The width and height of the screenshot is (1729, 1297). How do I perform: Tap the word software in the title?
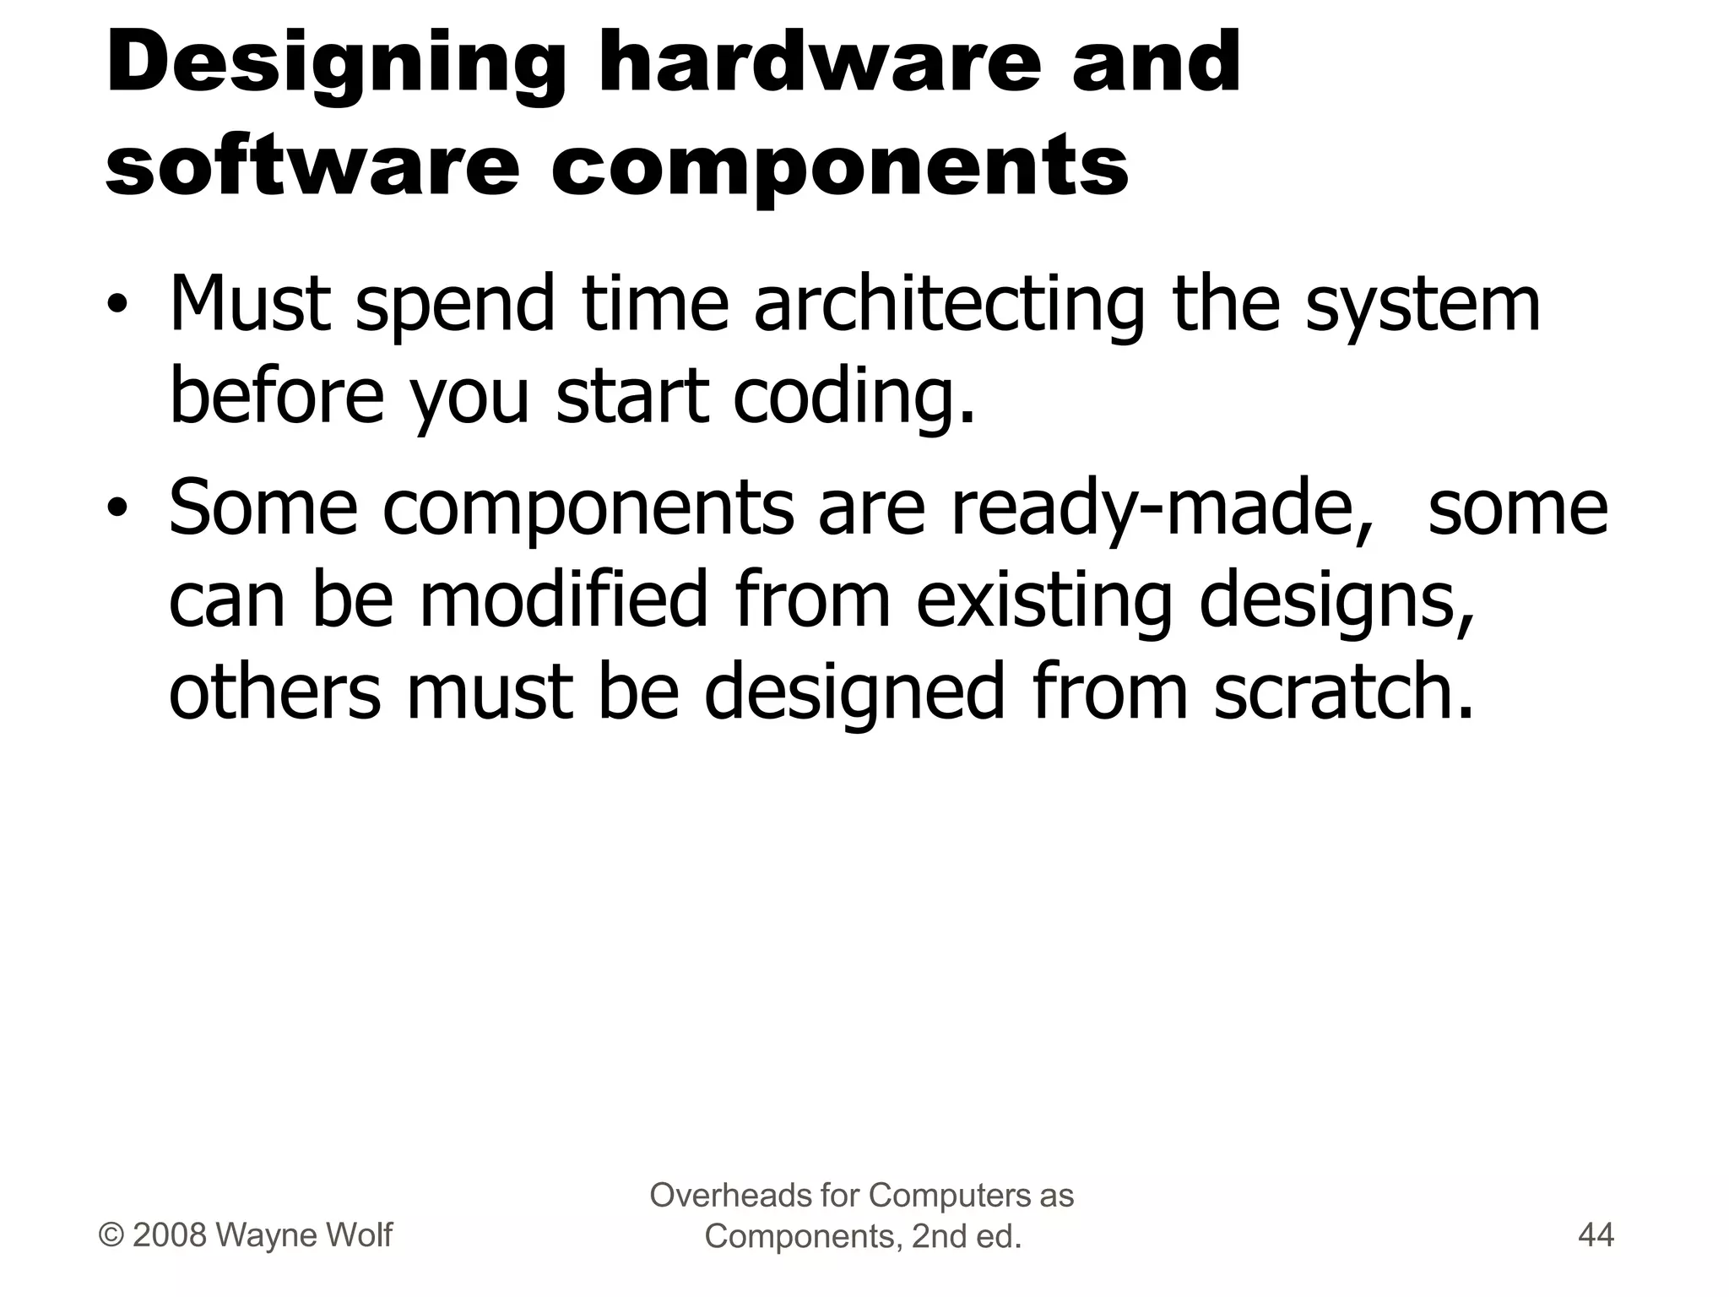coord(312,166)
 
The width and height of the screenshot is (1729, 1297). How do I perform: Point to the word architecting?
coord(948,306)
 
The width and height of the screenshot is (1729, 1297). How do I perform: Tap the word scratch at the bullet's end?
coord(1342,692)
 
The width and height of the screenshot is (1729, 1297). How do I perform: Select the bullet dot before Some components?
coord(117,508)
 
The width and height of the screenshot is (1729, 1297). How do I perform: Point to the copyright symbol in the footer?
coord(111,1235)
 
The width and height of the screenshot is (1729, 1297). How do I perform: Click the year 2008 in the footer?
coord(170,1235)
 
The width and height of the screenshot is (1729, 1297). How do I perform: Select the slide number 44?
coord(1596,1236)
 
